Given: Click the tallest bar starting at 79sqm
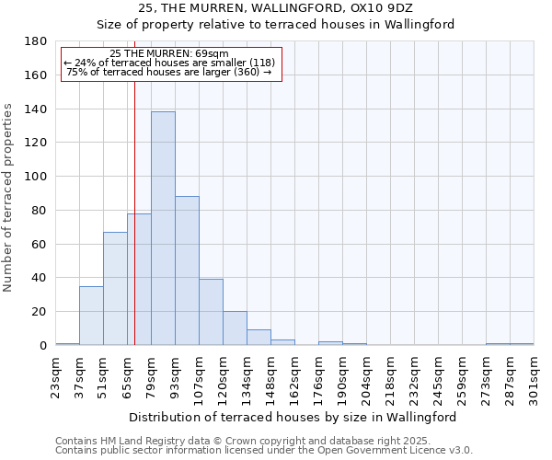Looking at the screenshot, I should (163, 228).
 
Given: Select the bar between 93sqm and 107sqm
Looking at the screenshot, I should (187, 270).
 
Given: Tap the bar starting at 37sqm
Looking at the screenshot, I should (91, 316).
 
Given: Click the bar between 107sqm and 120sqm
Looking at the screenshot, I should (211, 312).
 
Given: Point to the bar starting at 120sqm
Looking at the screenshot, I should (235, 328).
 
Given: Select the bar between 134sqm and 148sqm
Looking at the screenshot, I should (259, 338).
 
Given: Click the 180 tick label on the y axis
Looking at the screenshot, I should (36, 41).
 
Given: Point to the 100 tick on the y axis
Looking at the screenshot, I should (36, 177).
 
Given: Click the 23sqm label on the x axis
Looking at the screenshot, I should (55, 375).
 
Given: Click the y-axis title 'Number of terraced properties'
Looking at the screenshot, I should (8, 198).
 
